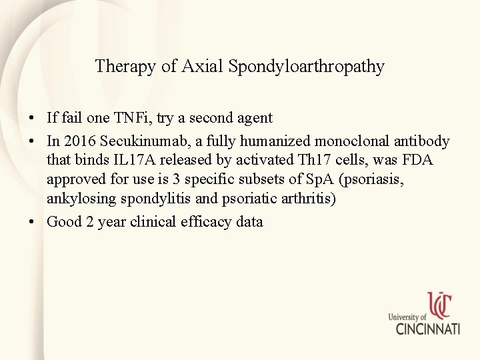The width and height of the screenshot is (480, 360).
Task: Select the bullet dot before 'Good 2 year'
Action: click(x=32, y=222)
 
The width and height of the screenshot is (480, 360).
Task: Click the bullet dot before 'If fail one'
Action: click(x=32, y=119)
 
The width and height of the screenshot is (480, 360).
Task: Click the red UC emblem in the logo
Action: click(x=440, y=306)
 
